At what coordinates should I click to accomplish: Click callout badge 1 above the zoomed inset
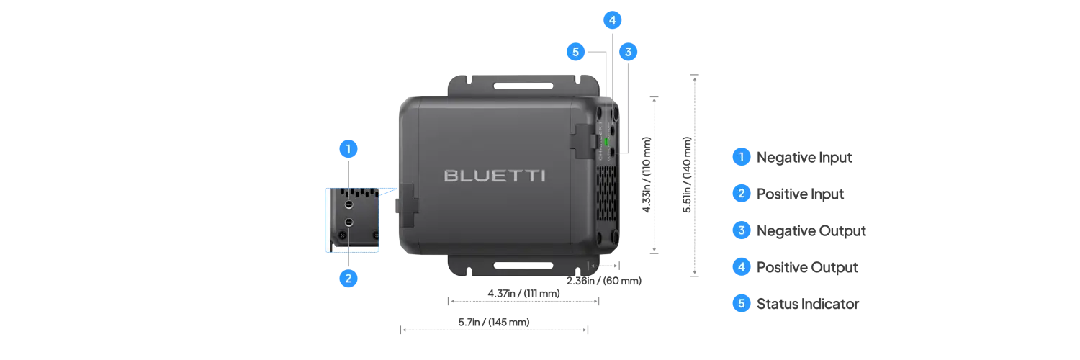coord(348,149)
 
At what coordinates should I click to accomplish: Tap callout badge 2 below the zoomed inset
coord(348,278)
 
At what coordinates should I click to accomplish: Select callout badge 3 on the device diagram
coord(628,52)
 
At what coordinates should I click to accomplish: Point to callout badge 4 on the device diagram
coord(612,20)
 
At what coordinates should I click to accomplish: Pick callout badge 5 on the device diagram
coord(575,52)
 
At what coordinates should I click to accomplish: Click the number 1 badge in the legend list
coord(741,156)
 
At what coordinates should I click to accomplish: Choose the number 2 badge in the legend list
coord(741,193)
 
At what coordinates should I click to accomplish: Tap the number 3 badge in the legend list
coord(741,230)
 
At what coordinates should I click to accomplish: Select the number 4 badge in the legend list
coord(741,267)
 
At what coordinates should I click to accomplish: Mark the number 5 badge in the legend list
coord(741,304)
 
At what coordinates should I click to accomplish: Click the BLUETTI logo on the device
coord(494,176)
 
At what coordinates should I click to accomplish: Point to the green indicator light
coord(606,141)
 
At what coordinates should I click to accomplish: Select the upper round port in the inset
coord(349,205)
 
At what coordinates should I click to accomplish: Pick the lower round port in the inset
coord(349,222)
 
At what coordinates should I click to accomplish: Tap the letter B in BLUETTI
coord(451,176)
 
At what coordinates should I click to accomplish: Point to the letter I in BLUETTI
coord(542,176)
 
